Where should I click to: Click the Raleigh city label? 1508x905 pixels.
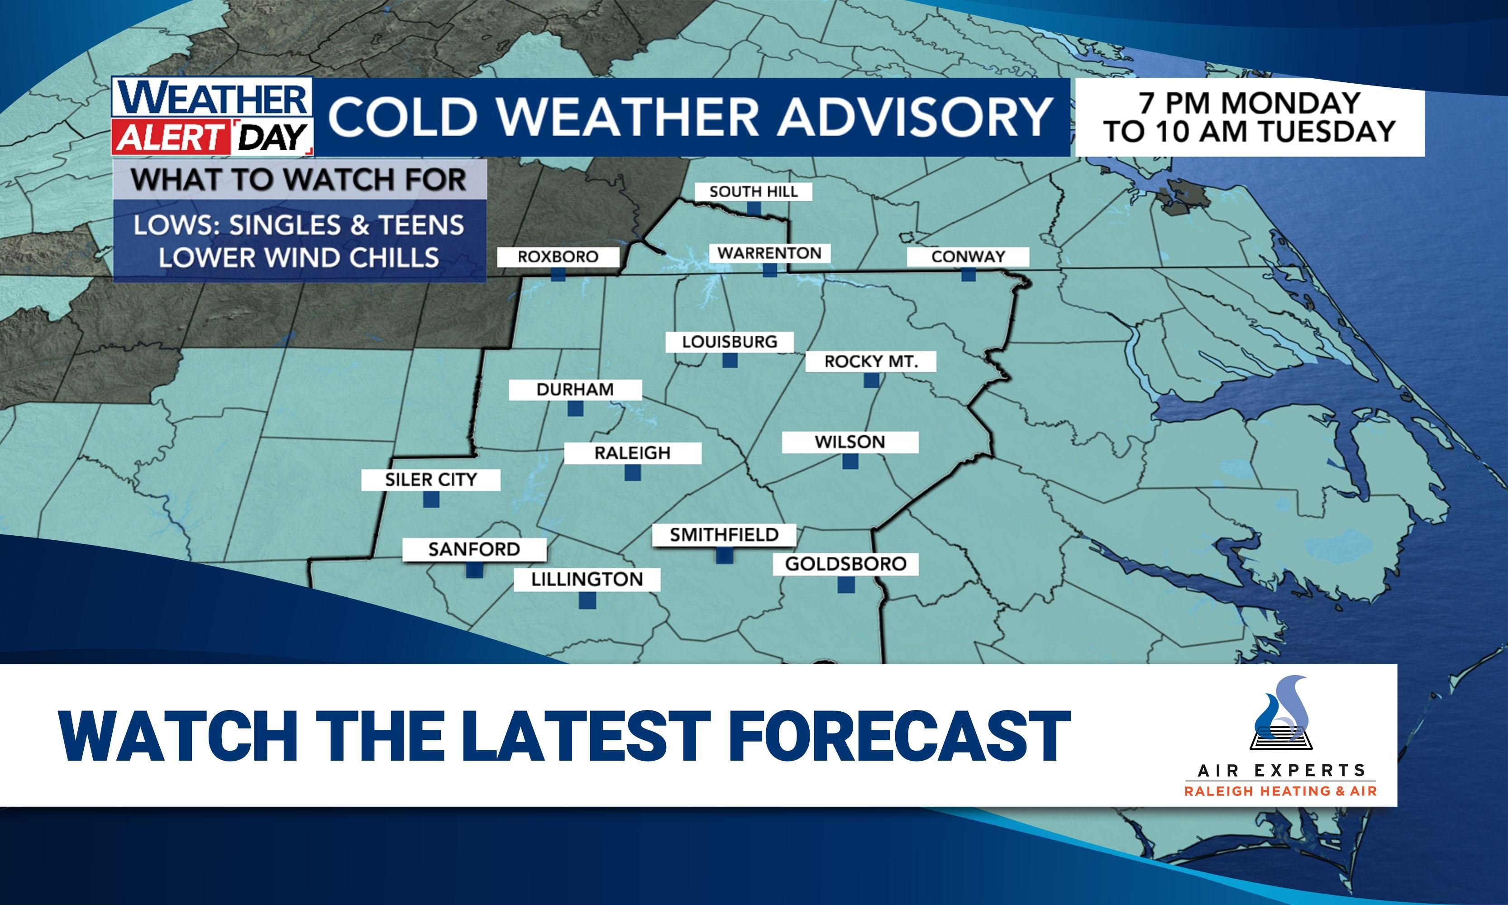tap(632, 453)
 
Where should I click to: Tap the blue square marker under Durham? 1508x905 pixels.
tap(575, 409)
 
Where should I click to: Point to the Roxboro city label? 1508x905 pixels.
tap(558, 257)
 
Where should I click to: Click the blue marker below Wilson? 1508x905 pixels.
tap(850, 461)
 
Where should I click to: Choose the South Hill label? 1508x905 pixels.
tap(753, 191)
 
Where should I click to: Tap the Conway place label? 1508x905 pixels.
tap(968, 257)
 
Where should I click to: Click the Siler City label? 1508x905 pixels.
tap(430, 480)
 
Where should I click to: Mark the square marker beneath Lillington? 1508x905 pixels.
tap(587, 600)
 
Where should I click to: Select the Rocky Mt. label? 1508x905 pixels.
tap(871, 362)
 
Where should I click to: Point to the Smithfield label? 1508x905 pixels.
tap(724, 535)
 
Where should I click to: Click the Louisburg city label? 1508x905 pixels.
tap(729, 342)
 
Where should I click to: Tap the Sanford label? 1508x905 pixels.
tap(474, 549)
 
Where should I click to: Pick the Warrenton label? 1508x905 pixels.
tap(769, 253)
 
